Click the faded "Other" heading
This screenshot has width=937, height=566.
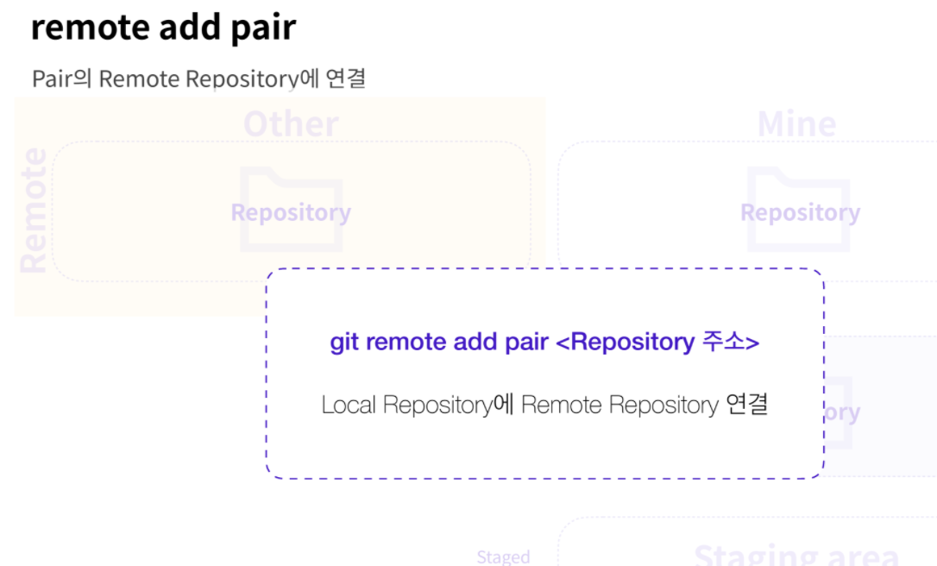click(x=291, y=124)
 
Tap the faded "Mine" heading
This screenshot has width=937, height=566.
click(x=796, y=124)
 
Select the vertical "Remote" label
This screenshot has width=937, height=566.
click(x=33, y=210)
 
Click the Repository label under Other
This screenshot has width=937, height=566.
click(x=291, y=212)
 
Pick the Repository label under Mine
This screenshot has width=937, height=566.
click(x=800, y=212)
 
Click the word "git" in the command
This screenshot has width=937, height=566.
click(x=343, y=342)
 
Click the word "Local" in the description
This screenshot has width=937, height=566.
click(x=349, y=405)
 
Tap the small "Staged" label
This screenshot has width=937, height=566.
click(x=503, y=557)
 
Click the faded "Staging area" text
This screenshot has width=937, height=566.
click(x=796, y=554)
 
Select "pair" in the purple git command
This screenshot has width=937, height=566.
click(x=526, y=342)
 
